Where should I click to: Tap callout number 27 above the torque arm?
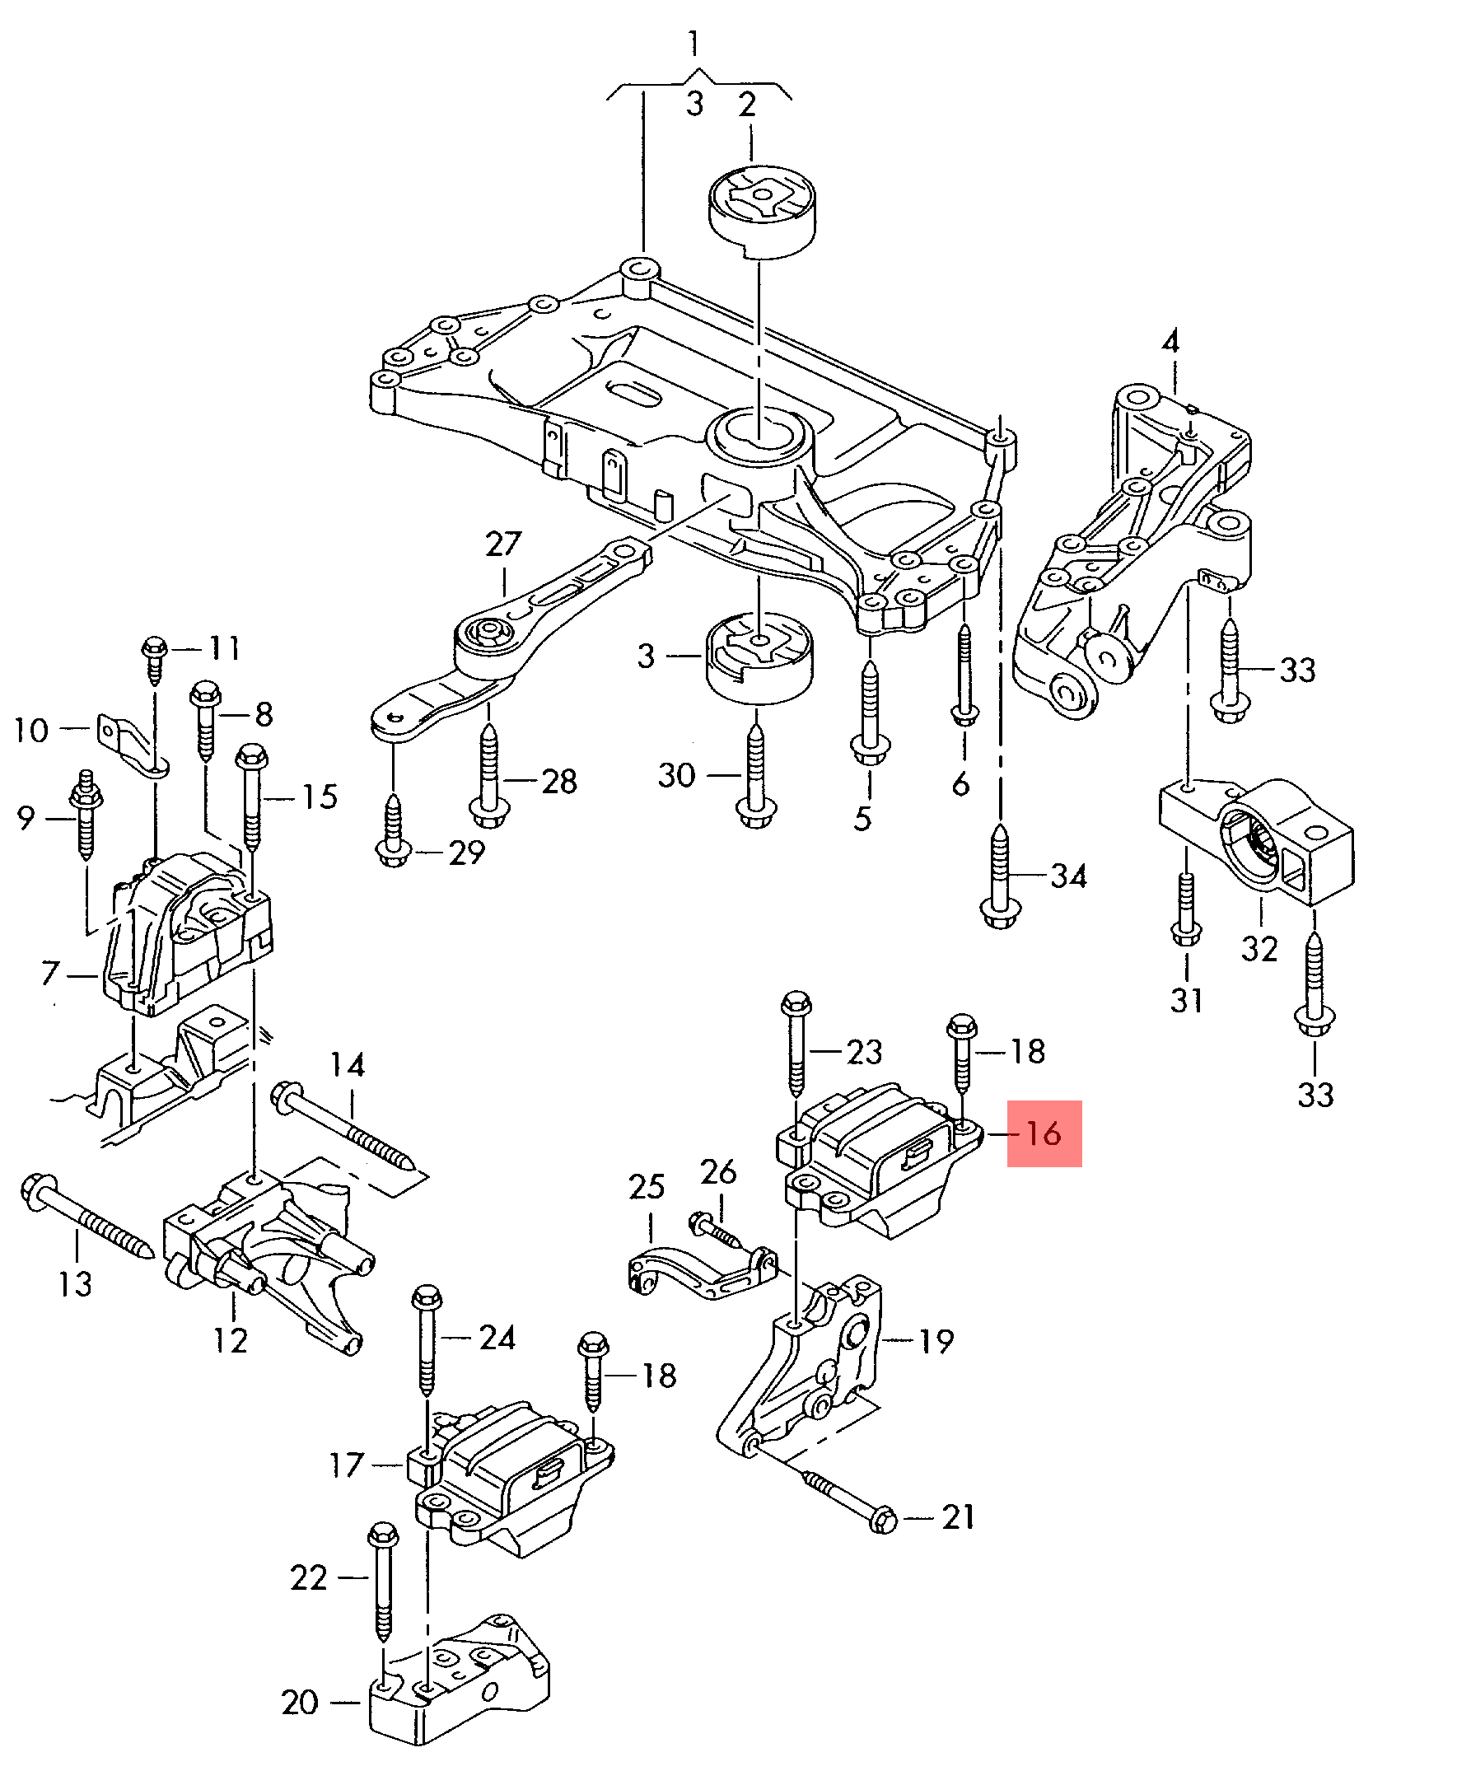point(503,544)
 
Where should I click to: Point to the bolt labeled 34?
point(999,877)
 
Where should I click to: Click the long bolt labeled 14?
point(344,1127)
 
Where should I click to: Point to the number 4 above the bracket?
point(1170,343)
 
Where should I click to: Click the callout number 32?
point(1259,948)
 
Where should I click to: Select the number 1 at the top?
point(693,44)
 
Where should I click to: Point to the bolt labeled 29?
point(393,831)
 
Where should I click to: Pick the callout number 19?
point(936,1341)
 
